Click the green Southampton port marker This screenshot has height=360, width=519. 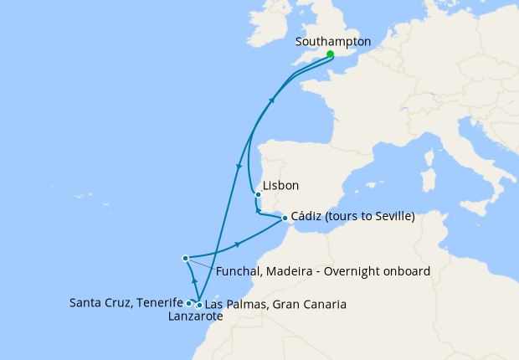330,54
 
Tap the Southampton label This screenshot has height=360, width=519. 334,41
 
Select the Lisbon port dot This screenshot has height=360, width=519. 258,196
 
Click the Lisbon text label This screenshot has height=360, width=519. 280,186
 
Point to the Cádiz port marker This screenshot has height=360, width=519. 280,217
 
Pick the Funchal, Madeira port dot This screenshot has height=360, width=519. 185,259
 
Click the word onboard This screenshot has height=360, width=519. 408,271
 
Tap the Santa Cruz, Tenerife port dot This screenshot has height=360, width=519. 188,303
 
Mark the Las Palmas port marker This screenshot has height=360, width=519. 198,306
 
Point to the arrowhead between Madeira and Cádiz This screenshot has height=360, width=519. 239,244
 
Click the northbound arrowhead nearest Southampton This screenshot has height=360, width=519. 271,99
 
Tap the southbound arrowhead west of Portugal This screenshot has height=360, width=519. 239,167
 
